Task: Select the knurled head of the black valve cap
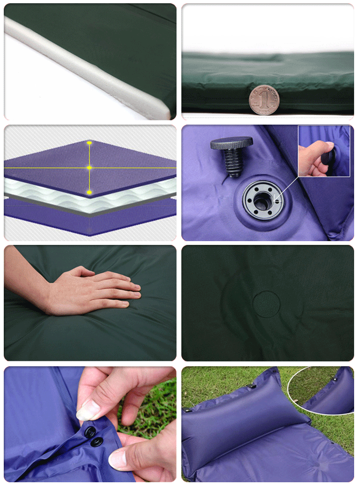[231, 143]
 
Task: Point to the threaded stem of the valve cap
[233, 163]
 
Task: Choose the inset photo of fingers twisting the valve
[324, 151]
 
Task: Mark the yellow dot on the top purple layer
[89, 143]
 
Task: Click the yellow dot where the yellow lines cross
[89, 168]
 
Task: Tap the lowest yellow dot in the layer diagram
[89, 192]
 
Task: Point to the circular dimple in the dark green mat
[266, 303]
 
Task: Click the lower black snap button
[97, 442]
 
